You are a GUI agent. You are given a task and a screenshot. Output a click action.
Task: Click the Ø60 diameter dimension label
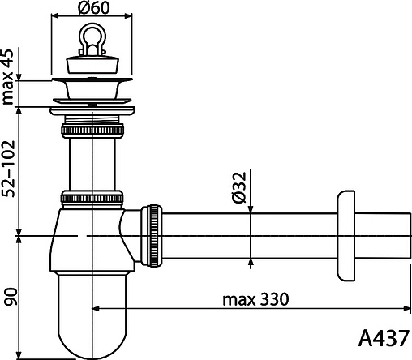pyautogui.click(x=94, y=7)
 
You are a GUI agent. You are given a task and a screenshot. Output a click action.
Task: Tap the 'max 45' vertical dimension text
pyautogui.click(x=7, y=77)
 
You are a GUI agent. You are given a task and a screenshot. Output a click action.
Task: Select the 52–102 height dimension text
pyautogui.click(x=7, y=169)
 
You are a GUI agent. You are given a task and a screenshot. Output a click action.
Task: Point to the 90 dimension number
pyautogui.click(x=11, y=297)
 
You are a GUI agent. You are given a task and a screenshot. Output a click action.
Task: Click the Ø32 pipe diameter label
pyautogui.click(x=239, y=187)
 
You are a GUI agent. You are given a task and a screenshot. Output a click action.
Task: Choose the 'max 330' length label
pyautogui.click(x=255, y=299)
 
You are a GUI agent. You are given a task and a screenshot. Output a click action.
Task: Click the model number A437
pyautogui.click(x=384, y=338)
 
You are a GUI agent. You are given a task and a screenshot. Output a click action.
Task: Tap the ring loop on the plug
pyautogui.click(x=92, y=38)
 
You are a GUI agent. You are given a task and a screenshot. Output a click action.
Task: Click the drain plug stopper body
pyautogui.click(x=92, y=64)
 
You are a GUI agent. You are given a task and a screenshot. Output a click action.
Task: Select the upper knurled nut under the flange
pyautogui.click(x=92, y=131)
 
